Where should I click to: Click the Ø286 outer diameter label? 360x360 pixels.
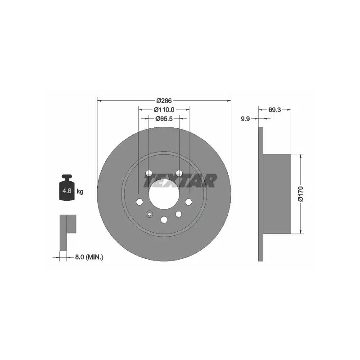pyautogui.click(x=164, y=100)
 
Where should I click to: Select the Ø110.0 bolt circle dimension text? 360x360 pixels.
pyautogui.click(x=164, y=110)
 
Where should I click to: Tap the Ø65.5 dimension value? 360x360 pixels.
pyautogui.click(x=164, y=119)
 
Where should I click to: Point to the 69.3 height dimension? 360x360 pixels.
pyautogui.click(x=274, y=110)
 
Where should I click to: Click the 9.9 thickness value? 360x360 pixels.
pyautogui.click(x=245, y=119)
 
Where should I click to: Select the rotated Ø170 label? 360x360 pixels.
pyautogui.click(x=301, y=194)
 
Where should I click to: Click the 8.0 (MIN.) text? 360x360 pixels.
pyautogui.click(x=89, y=257)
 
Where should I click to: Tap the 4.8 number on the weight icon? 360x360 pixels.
pyautogui.click(x=67, y=190)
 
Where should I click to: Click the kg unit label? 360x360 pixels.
pyautogui.click(x=80, y=191)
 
